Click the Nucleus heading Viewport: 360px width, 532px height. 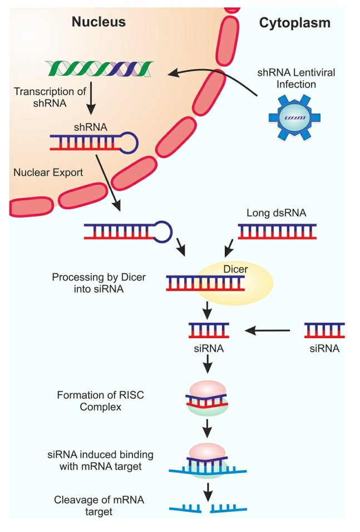(98, 22)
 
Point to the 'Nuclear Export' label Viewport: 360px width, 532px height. (48, 173)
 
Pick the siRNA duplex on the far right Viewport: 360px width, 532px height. (324, 330)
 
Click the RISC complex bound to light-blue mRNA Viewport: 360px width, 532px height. (206, 461)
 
